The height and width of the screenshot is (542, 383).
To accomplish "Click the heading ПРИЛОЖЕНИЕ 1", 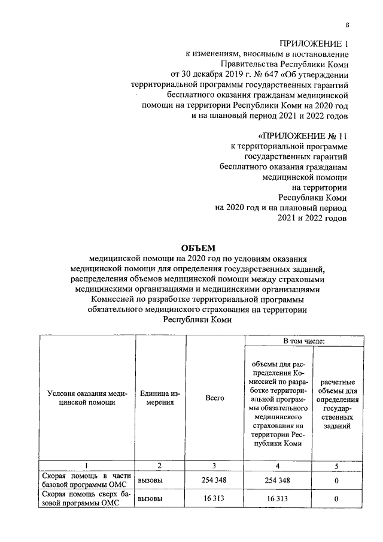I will point(314,44).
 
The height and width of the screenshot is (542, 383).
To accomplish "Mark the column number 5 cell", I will point(337,465).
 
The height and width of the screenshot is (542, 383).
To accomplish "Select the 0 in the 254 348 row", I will point(337,480).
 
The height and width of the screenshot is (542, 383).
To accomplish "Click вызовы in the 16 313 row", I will point(150,499).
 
